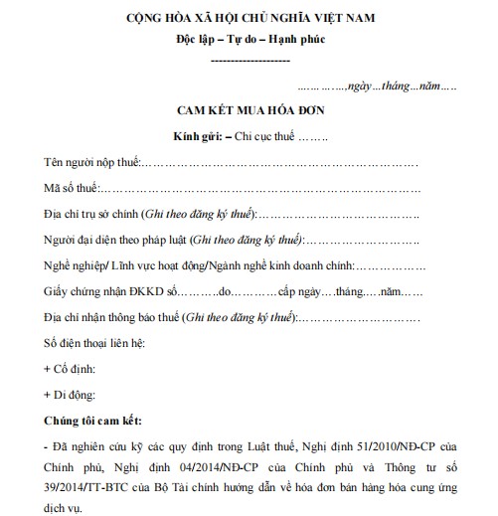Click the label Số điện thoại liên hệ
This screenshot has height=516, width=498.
click(x=94, y=343)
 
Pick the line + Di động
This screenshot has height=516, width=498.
click(x=68, y=394)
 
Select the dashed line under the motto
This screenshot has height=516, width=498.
click(x=250, y=62)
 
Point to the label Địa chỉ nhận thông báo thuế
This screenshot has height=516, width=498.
click(x=112, y=318)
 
